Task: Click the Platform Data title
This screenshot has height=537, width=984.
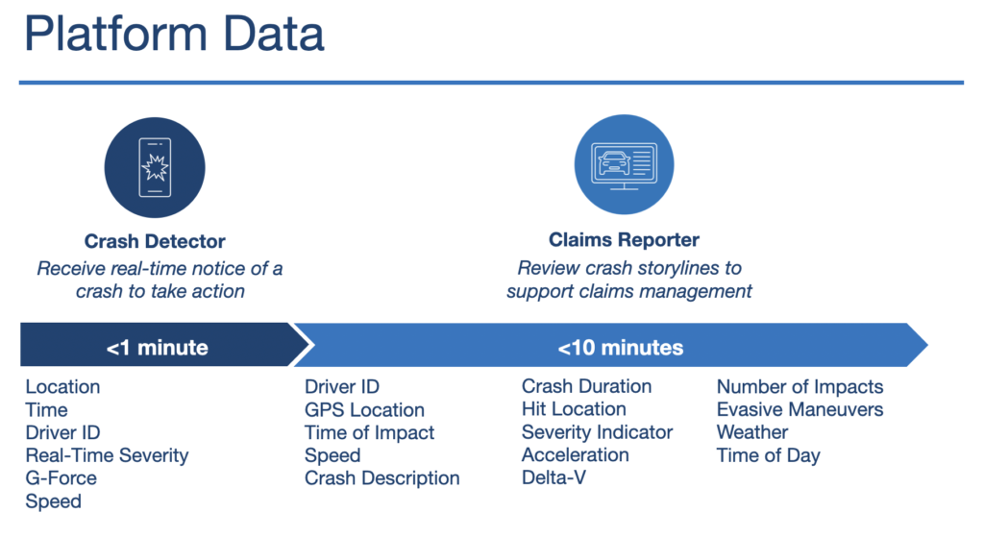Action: pos(174,34)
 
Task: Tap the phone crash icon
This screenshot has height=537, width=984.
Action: pos(155,167)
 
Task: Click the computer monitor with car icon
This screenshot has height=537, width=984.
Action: pos(624,165)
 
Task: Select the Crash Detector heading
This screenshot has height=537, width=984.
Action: pos(155,241)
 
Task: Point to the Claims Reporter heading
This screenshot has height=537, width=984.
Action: pos(624,239)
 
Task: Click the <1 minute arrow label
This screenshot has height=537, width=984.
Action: pos(157,348)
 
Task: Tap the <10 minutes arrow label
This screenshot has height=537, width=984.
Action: pos(620,348)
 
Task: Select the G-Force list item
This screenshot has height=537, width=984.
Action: pos(61,478)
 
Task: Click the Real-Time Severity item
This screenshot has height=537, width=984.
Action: pos(107,455)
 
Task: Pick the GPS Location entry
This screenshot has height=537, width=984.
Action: pos(364,410)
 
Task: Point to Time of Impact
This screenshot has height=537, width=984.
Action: pos(369,433)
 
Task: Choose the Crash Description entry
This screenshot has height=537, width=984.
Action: pos(381,478)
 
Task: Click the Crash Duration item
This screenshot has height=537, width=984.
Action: pos(586,386)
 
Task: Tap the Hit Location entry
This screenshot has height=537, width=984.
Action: pos(574,409)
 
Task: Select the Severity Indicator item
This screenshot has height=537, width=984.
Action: pos(597,432)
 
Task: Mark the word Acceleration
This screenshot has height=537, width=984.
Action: pos(575,454)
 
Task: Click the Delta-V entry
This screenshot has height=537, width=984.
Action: pos(553,477)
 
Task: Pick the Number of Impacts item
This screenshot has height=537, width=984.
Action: pos(799,387)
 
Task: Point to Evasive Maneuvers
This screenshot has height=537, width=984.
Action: pos(799,409)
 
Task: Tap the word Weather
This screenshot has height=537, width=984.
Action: pos(751,432)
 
